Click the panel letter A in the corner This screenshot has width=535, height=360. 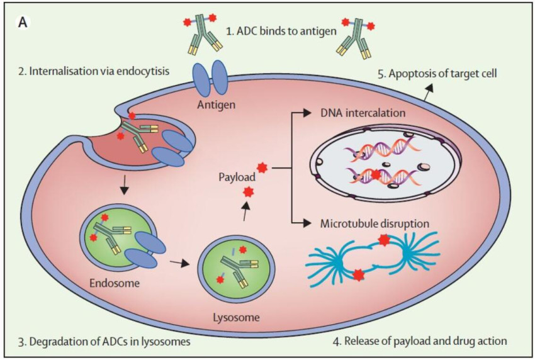(23, 23)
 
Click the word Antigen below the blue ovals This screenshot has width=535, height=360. (216, 104)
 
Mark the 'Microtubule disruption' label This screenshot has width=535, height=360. (374, 223)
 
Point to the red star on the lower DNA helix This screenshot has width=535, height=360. (376, 174)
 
